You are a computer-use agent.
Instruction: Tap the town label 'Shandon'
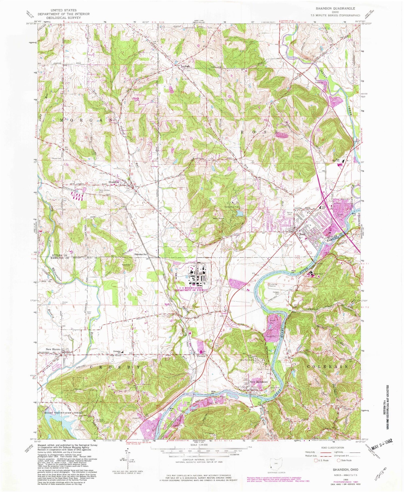(113, 182)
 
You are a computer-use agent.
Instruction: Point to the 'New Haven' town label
(52, 349)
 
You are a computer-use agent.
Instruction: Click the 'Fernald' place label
(201, 356)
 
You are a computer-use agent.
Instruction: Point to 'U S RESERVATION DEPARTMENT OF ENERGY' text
(191, 289)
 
